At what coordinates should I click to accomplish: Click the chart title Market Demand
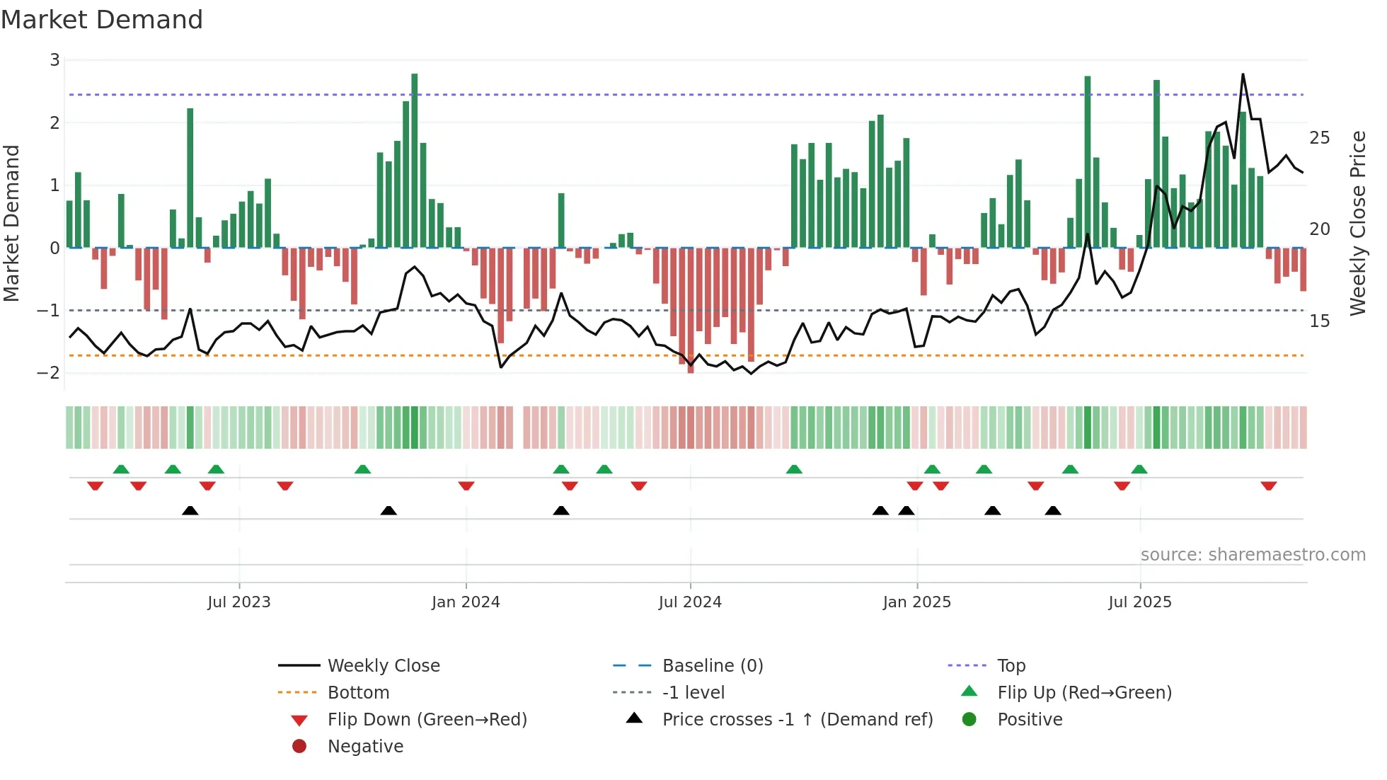point(102,19)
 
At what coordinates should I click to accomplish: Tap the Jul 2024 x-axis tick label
point(689,602)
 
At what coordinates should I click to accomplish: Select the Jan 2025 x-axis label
point(916,602)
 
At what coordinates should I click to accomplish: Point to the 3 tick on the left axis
point(54,60)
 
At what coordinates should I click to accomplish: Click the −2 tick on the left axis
point(49,373)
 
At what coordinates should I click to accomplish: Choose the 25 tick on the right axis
point(1319,138)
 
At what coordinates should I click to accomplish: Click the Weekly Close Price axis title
point(1357,223)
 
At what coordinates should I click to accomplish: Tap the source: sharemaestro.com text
point(1253,555)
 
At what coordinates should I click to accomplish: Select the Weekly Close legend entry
point(383,666)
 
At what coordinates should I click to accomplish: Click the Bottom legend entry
point(358,693)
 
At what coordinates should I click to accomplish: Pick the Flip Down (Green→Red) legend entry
point(427,720)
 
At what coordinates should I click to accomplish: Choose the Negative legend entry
point(365,747)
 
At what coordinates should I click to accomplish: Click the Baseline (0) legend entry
point(712,666)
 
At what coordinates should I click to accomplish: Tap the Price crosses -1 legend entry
point(797,720)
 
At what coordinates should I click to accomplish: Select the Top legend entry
point(1011,666)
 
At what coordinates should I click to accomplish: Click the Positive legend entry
point(1029,720)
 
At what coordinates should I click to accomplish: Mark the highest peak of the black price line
point(1243,74)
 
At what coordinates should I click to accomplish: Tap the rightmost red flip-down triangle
point(1268,486)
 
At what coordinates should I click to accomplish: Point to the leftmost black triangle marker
point(190,511)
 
